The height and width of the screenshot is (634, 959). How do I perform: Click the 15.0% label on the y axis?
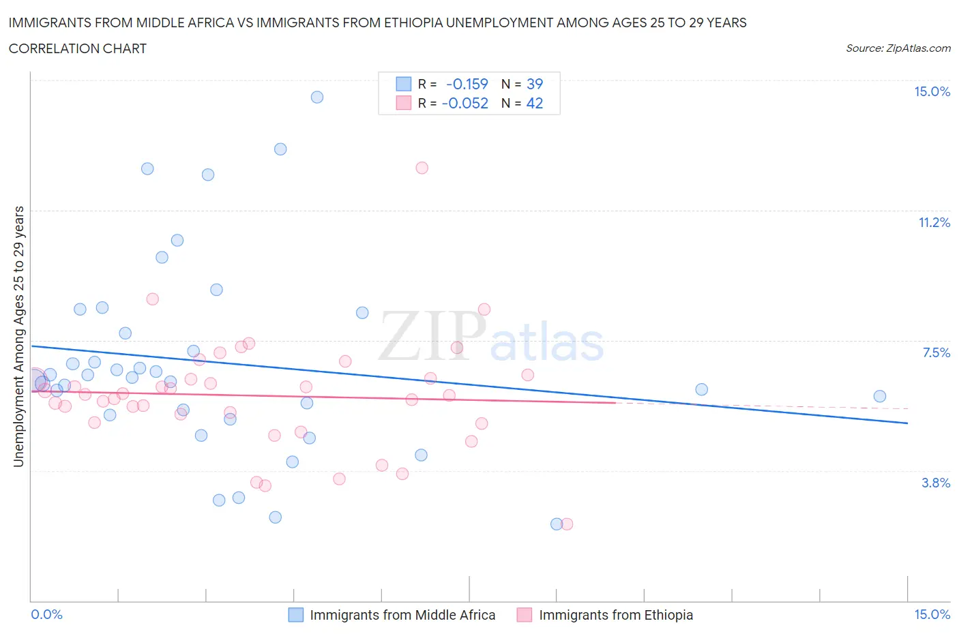(x=932, y=91)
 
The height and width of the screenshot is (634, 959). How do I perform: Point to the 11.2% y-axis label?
(x=934, y=222)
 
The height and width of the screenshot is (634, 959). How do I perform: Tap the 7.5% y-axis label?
(x=936, y=352)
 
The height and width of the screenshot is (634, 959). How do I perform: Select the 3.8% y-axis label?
(x=936, y=483)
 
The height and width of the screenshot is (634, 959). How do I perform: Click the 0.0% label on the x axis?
(x=46, y=614)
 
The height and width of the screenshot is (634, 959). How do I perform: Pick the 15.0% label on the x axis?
(x=932, y=614)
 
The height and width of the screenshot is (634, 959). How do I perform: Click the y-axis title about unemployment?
(x=18, y=337)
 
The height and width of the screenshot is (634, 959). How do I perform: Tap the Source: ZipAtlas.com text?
(x=898, y=48)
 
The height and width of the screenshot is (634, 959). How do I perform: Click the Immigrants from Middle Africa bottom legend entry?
(x=402, y=615)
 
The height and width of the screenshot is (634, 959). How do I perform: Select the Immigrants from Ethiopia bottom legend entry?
(x=615, y=615)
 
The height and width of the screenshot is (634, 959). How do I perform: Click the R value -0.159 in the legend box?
(x=467, y=84)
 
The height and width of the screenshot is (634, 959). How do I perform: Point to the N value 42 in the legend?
(x=535, y=103)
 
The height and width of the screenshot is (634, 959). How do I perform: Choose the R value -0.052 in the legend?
(x=465, y=103)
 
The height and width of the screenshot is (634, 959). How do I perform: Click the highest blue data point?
(x=317, y=97)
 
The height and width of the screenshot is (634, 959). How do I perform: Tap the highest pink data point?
(x=422, y=168)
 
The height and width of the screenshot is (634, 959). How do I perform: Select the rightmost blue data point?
(x=880, y=396)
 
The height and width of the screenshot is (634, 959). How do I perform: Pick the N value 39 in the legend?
(x=535, y=84)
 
